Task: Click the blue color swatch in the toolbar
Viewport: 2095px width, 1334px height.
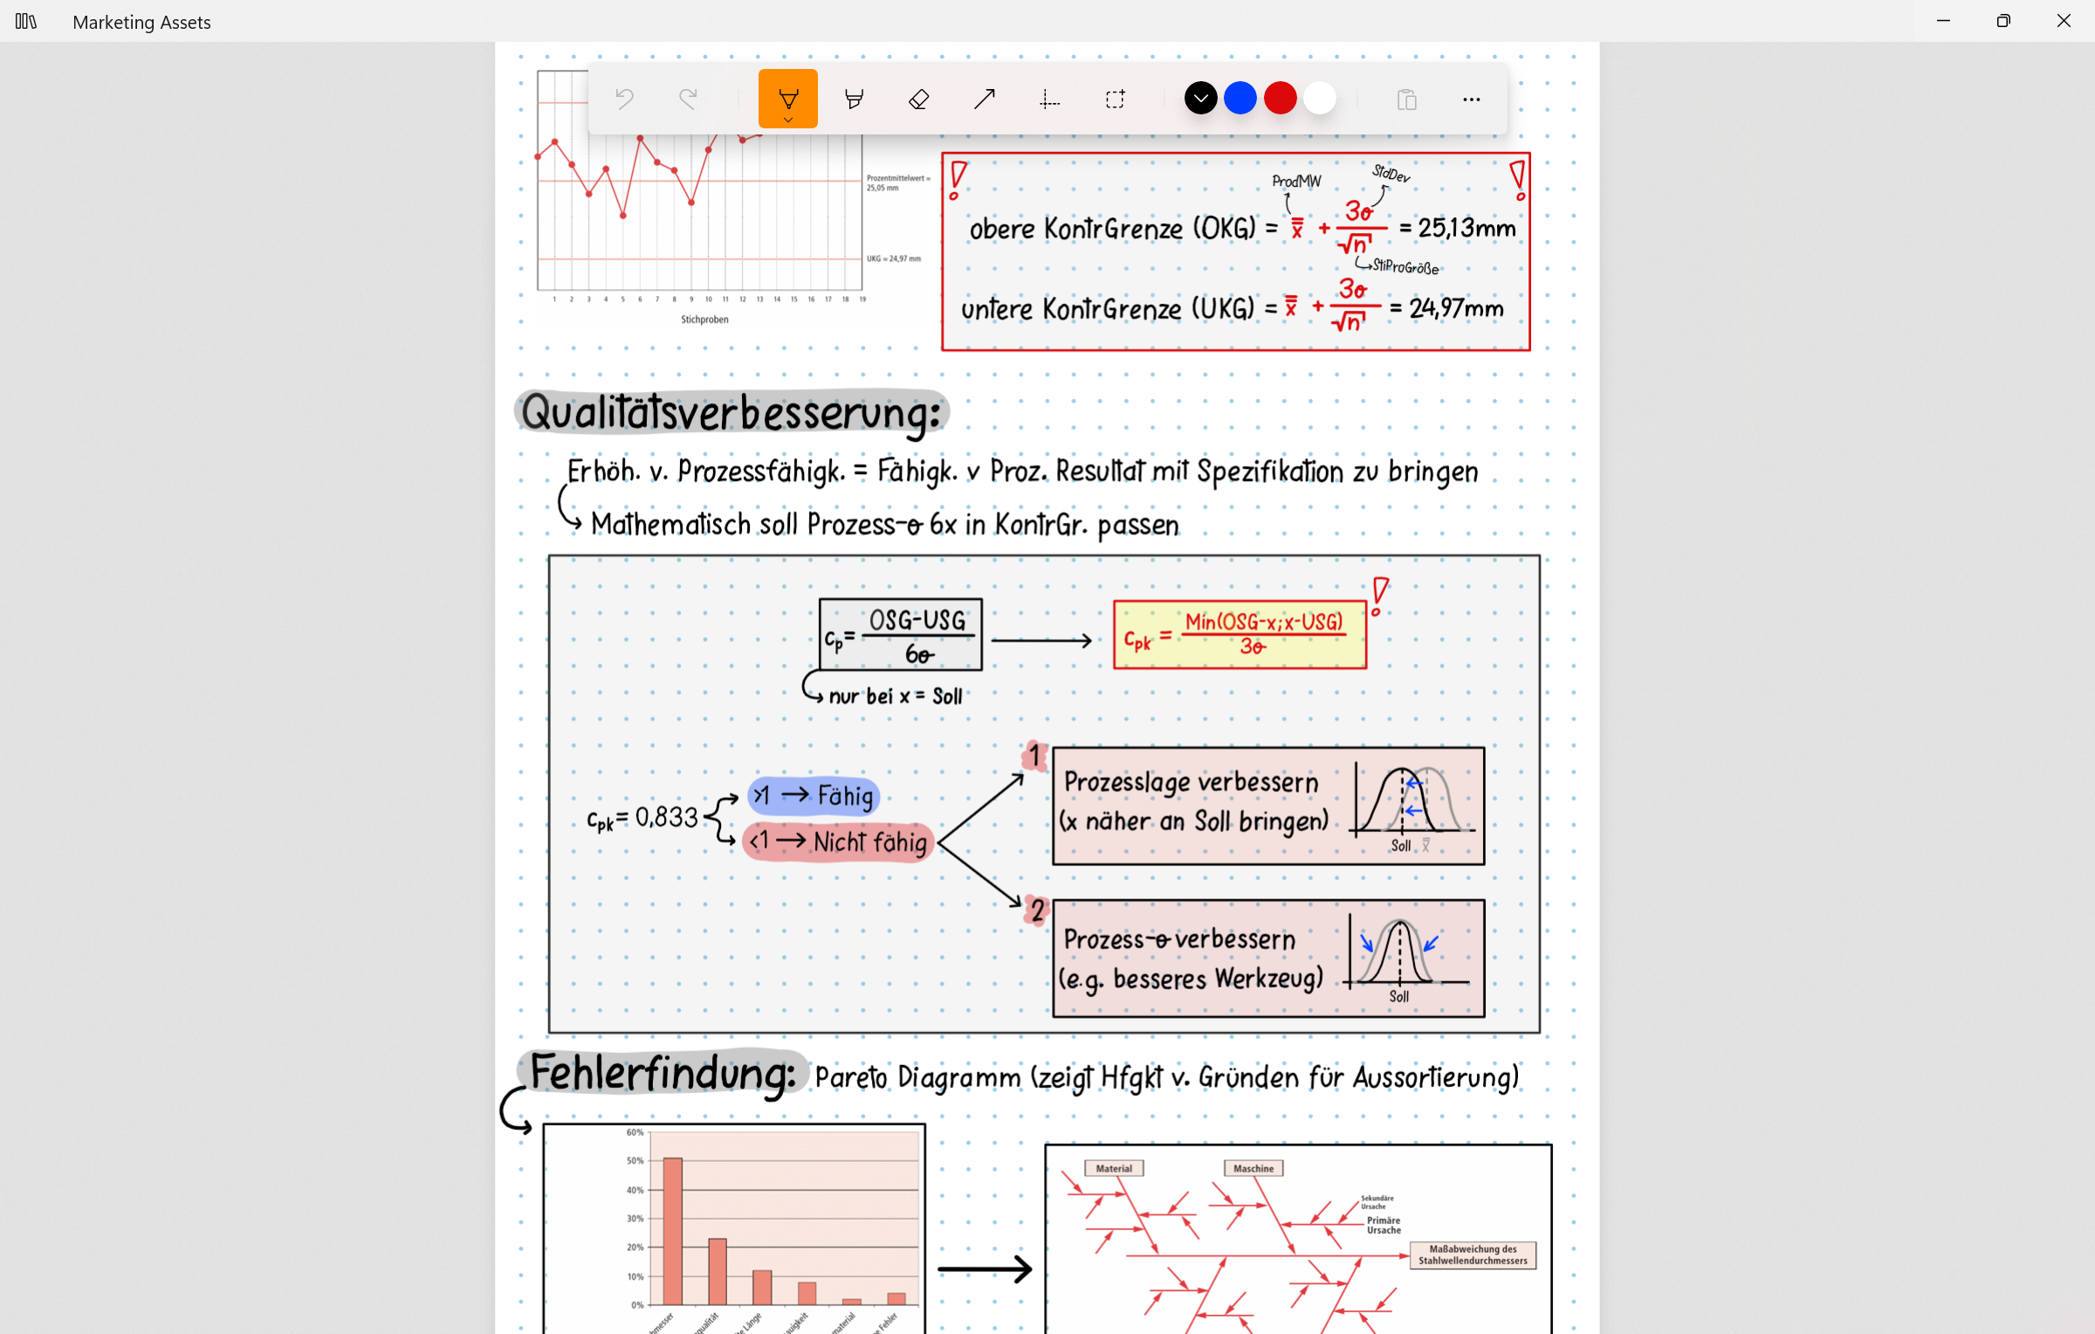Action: tap(1240, 99)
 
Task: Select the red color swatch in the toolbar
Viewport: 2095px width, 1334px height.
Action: tap(1280, 99)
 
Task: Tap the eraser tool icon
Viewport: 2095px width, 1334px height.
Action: tap(918, 100)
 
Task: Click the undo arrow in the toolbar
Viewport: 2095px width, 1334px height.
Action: tap(624, 100)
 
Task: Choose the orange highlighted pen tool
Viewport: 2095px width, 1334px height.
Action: tap(787, 99)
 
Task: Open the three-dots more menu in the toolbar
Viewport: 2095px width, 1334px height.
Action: tap(1471, 100)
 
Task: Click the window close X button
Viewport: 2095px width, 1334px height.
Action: tap(2064, 21)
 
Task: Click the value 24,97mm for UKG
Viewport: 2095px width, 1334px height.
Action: tap(1456, 308)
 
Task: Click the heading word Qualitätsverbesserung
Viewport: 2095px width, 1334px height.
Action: tap(732, 413)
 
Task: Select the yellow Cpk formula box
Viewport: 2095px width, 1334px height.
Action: tap(1240, 635)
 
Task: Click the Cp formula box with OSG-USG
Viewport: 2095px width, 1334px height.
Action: tap(900, 635)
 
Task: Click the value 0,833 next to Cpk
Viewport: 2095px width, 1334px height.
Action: tap(667, 817)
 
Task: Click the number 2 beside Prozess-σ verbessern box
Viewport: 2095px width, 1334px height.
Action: tap(1037, 911)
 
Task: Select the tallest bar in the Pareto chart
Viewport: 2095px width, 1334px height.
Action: tap(672, 1231)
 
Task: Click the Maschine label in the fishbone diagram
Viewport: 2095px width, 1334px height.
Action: tap(1253, 1168)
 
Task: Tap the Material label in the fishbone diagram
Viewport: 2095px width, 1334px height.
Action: tap(1114, 1168)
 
